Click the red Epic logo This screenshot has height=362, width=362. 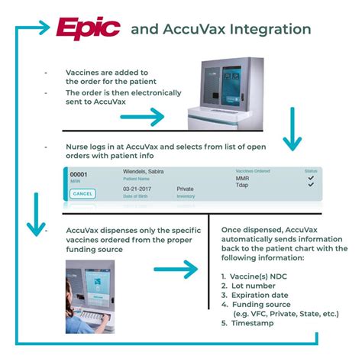click(88, 29)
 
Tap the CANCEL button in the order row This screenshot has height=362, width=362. click(83, 194)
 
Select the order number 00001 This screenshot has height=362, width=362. click(79, 175)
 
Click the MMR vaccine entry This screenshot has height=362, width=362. click(242, 179)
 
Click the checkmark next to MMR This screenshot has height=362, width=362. click(310, 177)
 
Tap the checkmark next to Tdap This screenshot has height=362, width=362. click(310, 186)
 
